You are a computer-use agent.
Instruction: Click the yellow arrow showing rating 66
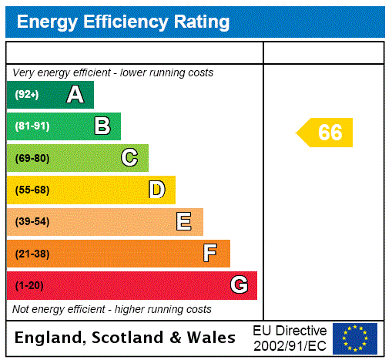coord(326,133)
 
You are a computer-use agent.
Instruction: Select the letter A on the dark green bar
coord(75,95)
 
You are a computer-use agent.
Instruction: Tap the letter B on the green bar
coord(102,126)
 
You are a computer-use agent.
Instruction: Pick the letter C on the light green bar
coord(129,158)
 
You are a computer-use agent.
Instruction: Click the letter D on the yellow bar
coord(156,190)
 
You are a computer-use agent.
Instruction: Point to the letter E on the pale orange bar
coord(184,222)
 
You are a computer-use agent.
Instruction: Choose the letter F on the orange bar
coord(210,254)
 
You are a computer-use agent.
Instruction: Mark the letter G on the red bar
coord(239,285)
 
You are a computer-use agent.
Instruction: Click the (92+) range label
coord(27,95)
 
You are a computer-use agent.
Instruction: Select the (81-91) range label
coord(32,126)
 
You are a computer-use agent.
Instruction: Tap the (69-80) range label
coord(32,159)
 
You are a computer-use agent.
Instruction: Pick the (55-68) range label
coord(32,190)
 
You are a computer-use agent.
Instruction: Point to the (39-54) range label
coord(32,222)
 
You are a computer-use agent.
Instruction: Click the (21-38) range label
coord(32,254)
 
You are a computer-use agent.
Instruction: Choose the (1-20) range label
coord(29,286)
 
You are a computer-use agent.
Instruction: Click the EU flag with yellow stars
coord(355,338)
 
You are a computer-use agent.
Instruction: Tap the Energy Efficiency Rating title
coord(123,22)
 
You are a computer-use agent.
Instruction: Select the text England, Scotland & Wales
coord(126,338)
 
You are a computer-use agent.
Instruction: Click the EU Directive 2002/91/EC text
coord(290,338)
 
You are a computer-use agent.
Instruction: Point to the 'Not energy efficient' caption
coord(112,309)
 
